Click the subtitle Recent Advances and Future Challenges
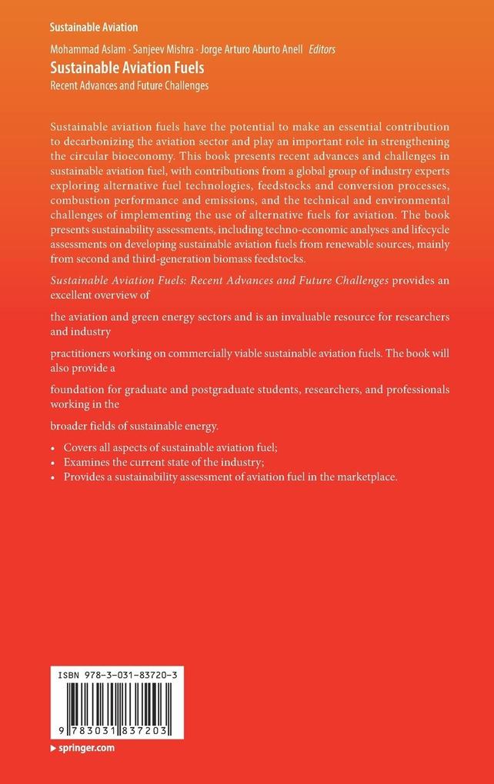(x=129, y=85)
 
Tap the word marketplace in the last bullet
(x=360, y=477)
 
